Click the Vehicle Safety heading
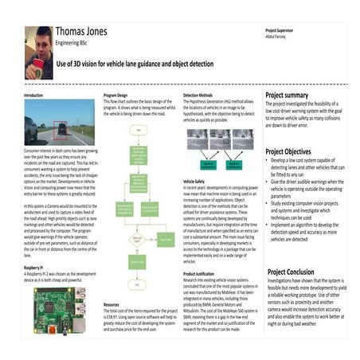[x=196, y=181]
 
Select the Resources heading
[x=113, y=303]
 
